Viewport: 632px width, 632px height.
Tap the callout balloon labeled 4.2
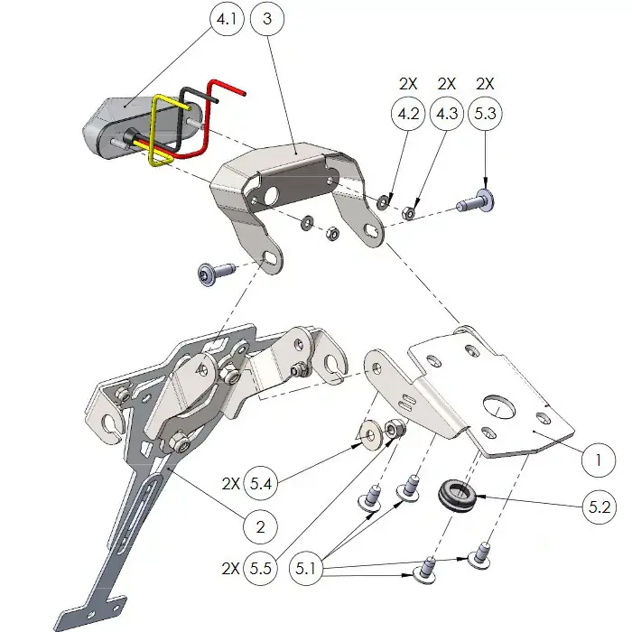coord(408,116)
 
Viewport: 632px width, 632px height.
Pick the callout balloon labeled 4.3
coord(446,116)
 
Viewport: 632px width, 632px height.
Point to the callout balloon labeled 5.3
coord(485,116)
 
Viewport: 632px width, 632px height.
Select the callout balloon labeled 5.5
coord(261,571)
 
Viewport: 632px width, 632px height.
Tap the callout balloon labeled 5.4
coord(261,484)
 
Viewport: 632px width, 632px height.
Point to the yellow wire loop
coord(169,132)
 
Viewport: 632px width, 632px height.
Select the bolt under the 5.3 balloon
coord(476,202)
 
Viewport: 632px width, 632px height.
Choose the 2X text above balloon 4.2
coord(408,84)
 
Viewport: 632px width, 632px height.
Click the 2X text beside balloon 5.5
coord(229,571)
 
